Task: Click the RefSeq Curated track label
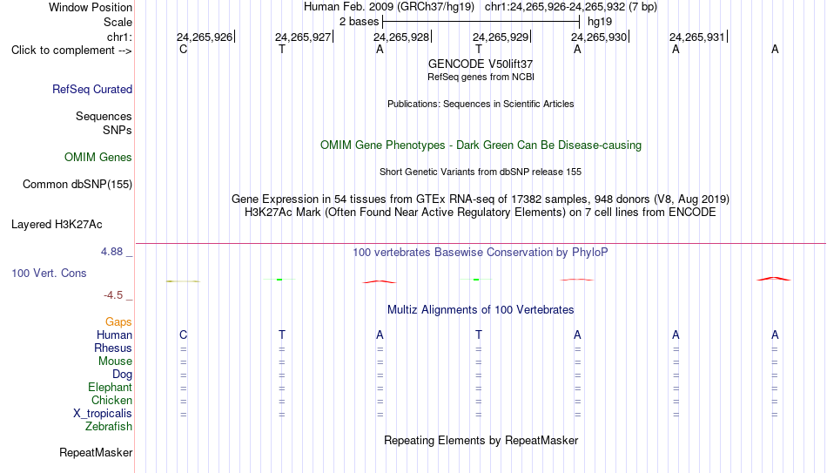point(92,89)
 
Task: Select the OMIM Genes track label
point(98,158)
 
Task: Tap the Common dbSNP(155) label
point(77,185)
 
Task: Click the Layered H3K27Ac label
point(57,225)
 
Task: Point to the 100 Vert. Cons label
point(49,273)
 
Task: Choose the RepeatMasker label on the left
point(96,452)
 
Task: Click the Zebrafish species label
point(109,426)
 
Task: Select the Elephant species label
point(111,387)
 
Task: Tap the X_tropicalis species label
point(103,414)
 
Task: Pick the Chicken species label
point(111,400)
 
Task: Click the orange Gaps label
point(118,322)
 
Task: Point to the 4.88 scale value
point(111,252)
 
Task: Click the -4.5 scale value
point(113,295)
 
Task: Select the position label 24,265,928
point(401,37)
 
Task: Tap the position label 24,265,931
point(697,37)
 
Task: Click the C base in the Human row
point(183,334)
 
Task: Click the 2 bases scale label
point(360,22)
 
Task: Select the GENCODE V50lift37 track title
point(481,64)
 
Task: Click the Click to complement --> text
point(71,51)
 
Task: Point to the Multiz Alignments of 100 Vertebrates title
point(481,310)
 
